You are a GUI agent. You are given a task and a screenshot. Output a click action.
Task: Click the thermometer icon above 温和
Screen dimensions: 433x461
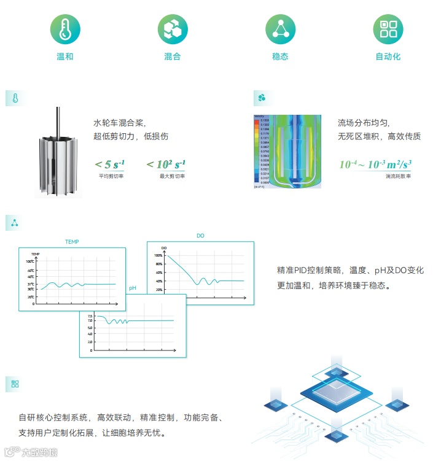click(64, 29)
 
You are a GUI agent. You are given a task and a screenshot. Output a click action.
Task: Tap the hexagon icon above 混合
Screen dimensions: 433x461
click(173, 29)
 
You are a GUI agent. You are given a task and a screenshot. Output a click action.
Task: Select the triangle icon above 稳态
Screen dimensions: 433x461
click(280, 29)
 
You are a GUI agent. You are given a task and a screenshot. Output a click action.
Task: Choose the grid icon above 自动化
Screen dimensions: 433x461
click(388, 29)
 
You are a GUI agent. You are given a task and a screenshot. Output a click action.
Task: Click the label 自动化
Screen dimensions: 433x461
click(388, 56)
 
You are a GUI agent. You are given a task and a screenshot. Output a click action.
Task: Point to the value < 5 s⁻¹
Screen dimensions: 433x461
click(111, 164)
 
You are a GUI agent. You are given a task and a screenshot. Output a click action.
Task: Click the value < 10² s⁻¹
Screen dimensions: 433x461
click(166, 164)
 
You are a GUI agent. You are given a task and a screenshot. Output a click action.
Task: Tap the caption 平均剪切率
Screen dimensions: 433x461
click(111, 176)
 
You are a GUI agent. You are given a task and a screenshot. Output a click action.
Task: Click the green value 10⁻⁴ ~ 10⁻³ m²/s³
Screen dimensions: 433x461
click(375, 165)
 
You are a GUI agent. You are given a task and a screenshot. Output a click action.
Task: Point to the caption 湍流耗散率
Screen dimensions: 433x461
click(398, 176)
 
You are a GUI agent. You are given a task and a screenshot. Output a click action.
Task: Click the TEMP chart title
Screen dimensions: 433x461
click(72, 242)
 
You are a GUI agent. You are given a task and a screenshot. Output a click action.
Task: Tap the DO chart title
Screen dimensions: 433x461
click(200, 236)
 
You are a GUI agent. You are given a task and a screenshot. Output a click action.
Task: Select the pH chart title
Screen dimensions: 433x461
click(133, 289)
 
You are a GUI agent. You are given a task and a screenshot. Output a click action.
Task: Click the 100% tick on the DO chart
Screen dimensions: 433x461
click(158, 255)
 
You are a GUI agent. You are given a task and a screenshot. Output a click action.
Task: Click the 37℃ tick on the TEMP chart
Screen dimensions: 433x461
click(31, 284)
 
